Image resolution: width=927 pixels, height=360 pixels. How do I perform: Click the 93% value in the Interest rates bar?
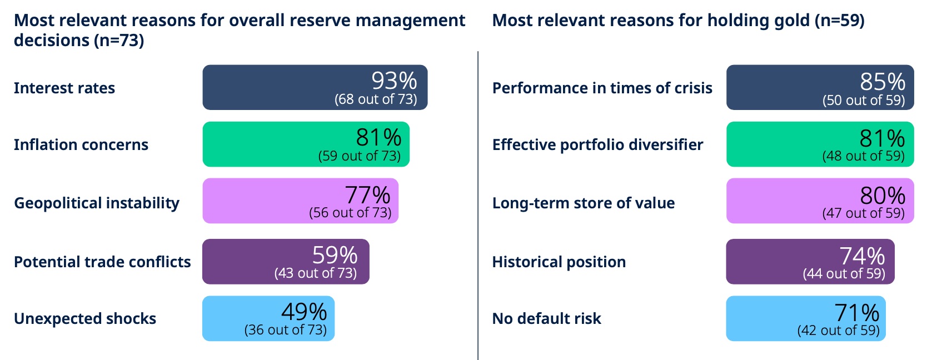tap(394, 81)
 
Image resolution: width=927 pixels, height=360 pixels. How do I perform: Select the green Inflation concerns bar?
tap(306, 144)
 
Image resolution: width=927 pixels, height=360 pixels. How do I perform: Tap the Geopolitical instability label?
tap(97, 203)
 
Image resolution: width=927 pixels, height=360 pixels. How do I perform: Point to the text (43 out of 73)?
tap(315, 273)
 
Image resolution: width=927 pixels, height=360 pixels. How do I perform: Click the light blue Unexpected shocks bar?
tap(268, 318)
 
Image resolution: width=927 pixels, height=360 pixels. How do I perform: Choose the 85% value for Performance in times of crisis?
tap(883, 82)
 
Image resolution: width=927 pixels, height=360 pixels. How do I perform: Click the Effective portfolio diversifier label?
tap(597, 145)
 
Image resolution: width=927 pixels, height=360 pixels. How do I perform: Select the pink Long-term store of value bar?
tap(820, 201)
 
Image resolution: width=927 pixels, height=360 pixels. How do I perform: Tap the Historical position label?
tap(559, 262)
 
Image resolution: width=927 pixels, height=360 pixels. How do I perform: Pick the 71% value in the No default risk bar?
tap(856, 313)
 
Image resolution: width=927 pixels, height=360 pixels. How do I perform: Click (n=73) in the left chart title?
tap(119, 41)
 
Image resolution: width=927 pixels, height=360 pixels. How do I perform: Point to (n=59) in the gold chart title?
tap(839, 20)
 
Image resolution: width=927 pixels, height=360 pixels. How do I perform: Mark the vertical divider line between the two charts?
tap(478, 206)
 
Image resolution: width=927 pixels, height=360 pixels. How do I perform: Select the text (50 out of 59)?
tap(864, 100)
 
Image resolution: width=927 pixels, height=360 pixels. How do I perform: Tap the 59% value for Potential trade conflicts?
tap(335, 255)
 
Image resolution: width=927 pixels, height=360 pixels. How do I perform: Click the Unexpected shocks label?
tap(85, 319)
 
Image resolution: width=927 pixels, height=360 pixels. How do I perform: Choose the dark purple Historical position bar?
tap(810, 262)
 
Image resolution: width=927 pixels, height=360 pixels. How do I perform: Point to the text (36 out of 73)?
tap(286, 330)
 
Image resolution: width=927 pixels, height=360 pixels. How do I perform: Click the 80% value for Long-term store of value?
tap(883, 196)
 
